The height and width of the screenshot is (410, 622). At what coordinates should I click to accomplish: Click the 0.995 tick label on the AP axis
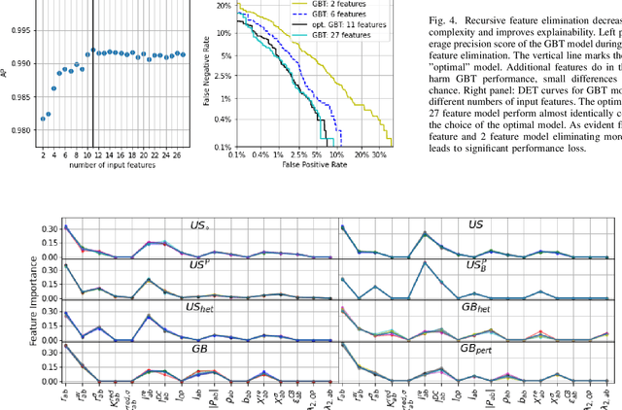[17, 28]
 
